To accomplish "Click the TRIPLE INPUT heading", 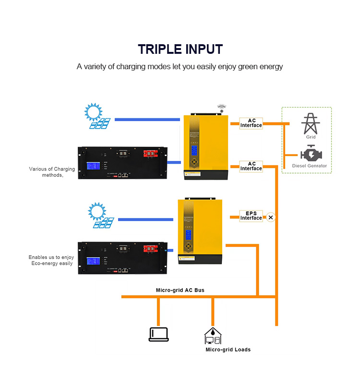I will [x=180, y=49].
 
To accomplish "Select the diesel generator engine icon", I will [x=311, y=154].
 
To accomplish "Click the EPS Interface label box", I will [x=251, y=215].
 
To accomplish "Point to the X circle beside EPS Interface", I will [x=271, y=217].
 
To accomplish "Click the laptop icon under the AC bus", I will [x=158, y=334].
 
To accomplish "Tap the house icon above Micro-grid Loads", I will [x=212, y=335].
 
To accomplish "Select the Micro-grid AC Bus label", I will [x=180, y=290].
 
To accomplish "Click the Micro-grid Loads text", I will [x=228, y=349].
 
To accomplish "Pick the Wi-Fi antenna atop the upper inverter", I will [x=221, y=108].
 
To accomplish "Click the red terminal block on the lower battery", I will [x=152, y=248].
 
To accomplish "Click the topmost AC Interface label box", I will [x=251, y=123].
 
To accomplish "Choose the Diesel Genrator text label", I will [x=310, y=166].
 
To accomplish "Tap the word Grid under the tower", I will [x=311, y=137].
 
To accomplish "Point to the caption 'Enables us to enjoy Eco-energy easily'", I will [x=51, y=260].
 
